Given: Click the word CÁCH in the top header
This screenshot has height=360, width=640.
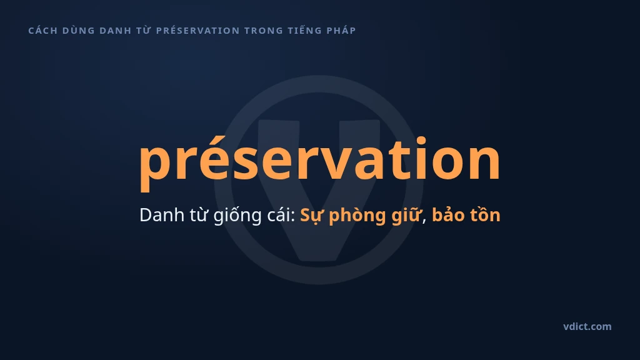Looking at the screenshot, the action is click(x=43, y=30).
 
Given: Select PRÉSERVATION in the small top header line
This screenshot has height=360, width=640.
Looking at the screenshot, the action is click(x=198, y=30).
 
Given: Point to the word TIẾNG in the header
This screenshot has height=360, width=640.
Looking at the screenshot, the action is click(x=304, y=30).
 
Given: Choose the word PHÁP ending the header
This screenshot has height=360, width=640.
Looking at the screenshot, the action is click(x=341, y=30).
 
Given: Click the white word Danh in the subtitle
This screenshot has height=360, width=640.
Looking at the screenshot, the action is click(x=162, y=215).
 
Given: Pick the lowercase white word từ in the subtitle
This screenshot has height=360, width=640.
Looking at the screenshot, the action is click(x=199, y=215).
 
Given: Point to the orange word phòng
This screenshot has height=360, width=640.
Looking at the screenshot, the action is click(x=357, y=216).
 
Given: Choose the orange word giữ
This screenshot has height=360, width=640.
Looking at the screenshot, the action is click(x=406, y=216).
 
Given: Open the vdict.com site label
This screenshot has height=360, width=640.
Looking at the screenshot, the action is click(x=587, y=326).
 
